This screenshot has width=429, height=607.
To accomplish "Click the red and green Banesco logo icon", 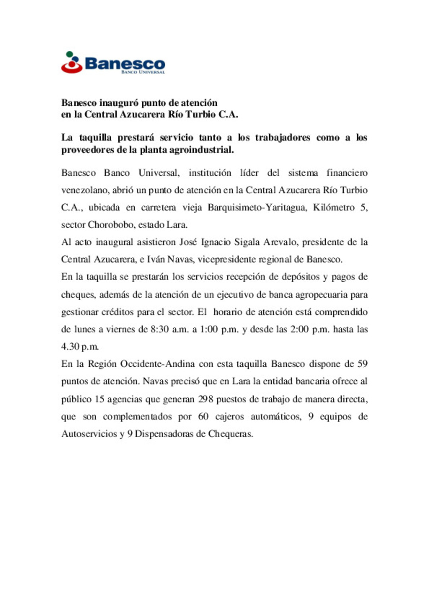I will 71,63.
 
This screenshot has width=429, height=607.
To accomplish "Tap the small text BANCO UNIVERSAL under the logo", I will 143,72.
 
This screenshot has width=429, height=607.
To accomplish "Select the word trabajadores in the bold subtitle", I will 282,137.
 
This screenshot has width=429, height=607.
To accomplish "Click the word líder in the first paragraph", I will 249,173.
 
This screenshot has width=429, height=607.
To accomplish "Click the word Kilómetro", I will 334,207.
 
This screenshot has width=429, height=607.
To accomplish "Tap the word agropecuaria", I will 321,294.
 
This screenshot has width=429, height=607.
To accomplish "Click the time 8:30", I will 160,329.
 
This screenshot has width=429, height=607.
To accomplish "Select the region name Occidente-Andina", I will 157,364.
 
